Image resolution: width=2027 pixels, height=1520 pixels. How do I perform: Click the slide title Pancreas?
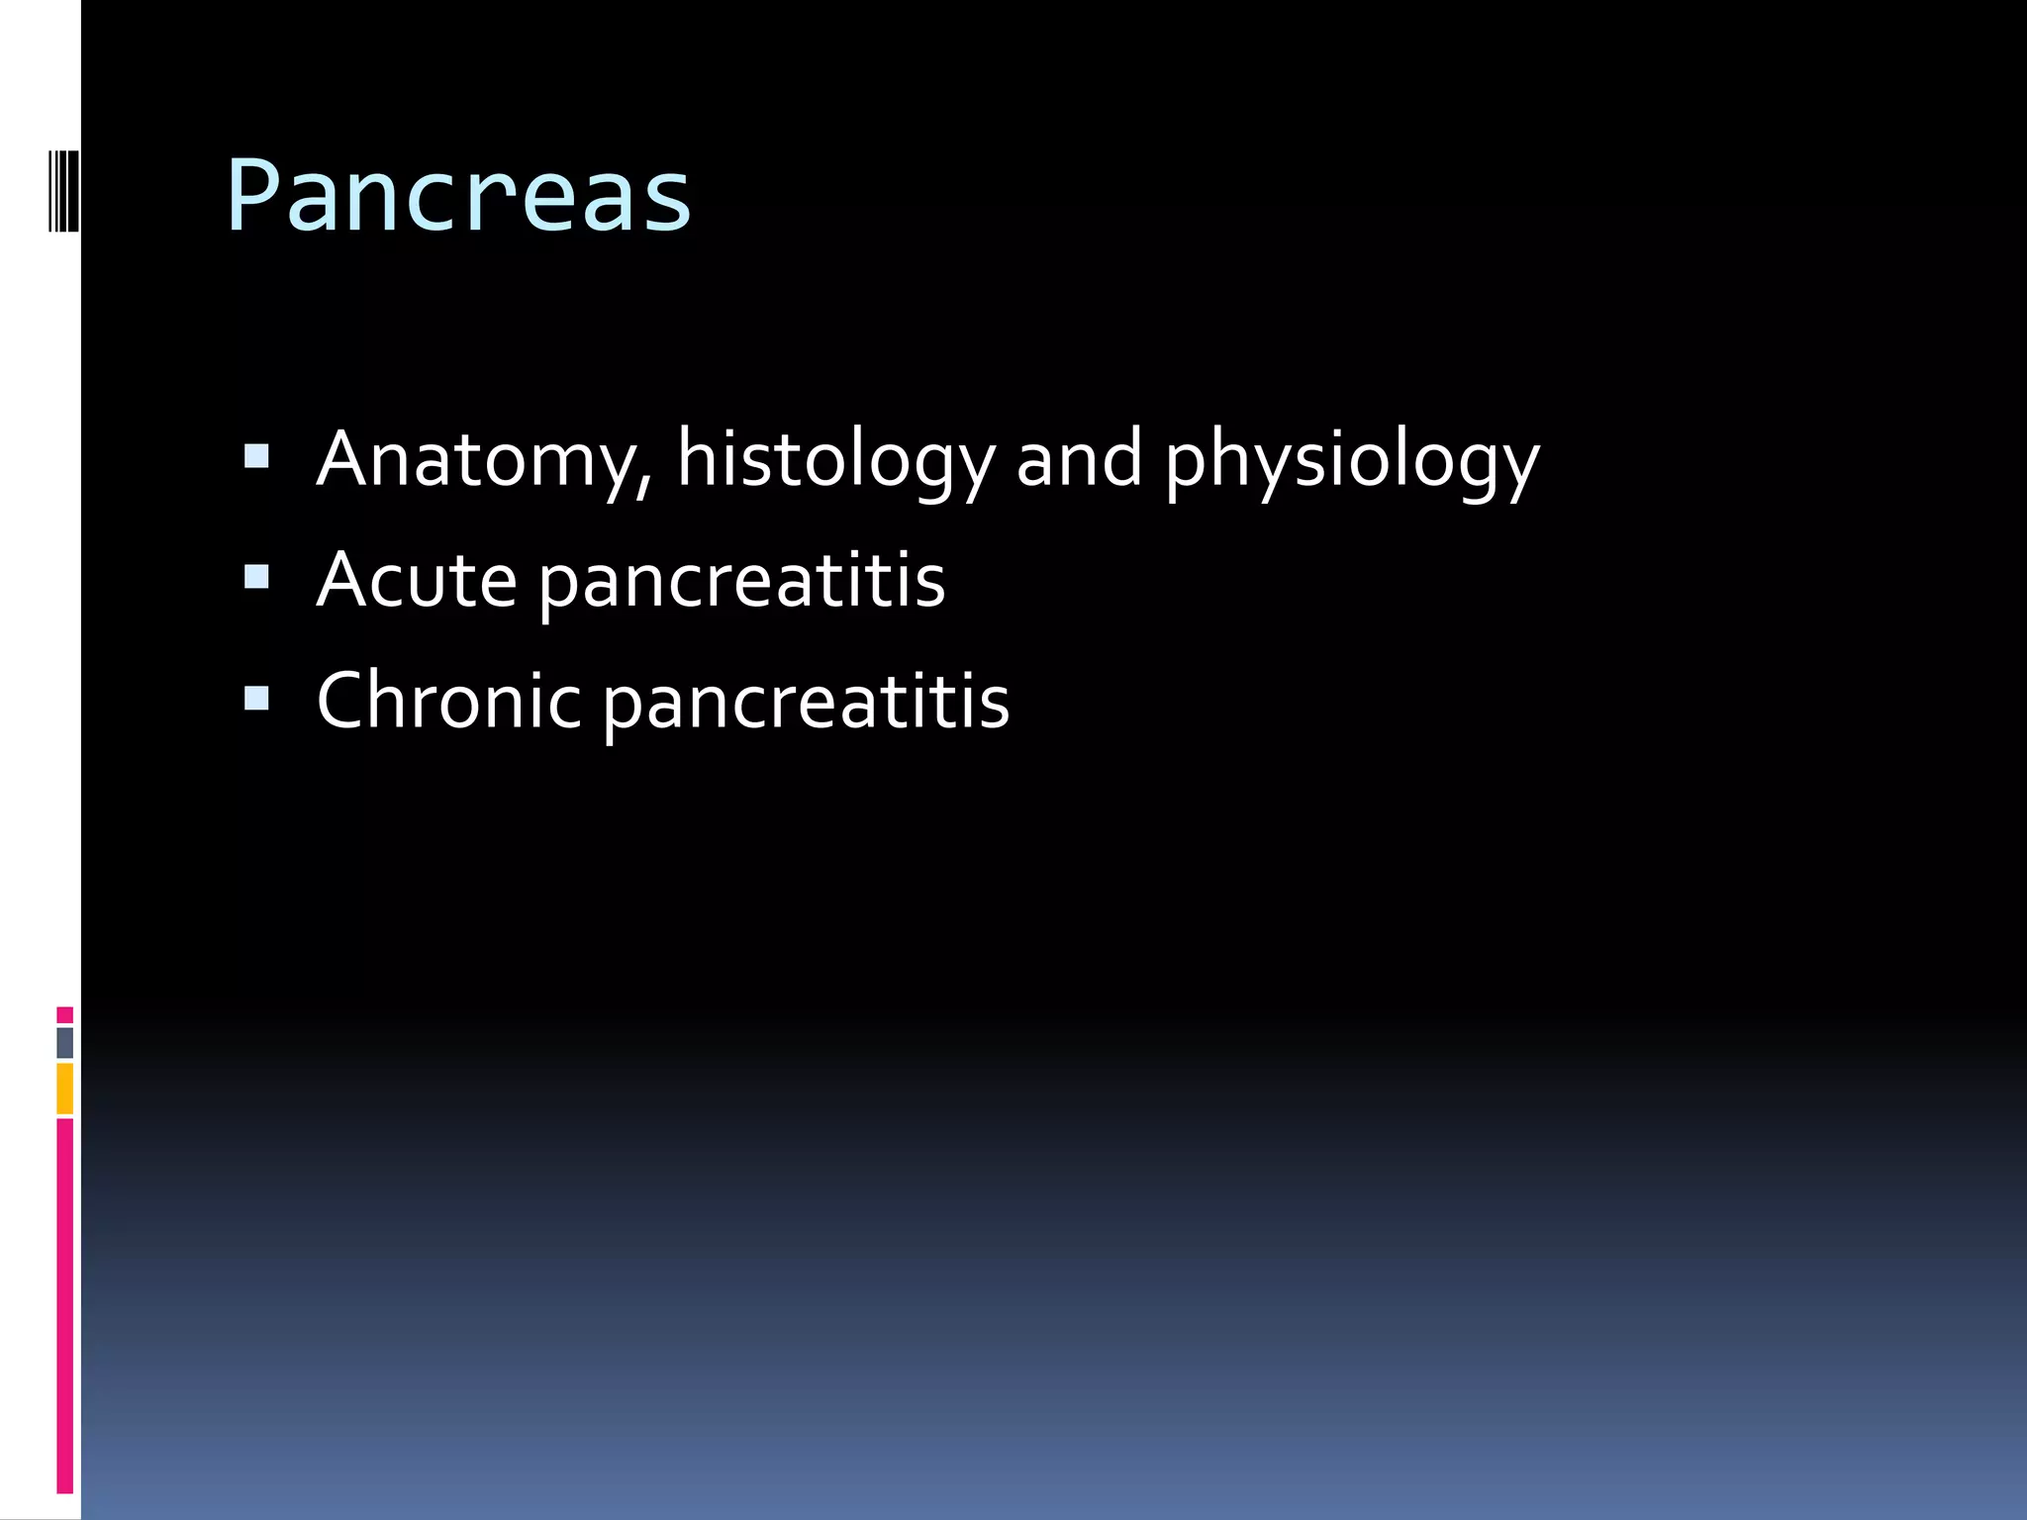458,196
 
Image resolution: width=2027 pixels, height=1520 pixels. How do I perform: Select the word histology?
835,459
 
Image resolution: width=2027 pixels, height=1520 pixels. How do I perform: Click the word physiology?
1352,461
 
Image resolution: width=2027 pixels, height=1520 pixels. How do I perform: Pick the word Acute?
417,580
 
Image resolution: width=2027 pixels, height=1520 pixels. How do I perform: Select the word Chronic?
448,701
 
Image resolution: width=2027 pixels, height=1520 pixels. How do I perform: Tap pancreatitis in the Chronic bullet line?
807,703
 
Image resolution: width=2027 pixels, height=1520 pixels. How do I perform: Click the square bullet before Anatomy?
256,456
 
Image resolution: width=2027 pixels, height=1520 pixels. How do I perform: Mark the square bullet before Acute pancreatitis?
256,577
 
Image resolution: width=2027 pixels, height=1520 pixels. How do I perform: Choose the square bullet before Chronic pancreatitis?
256,699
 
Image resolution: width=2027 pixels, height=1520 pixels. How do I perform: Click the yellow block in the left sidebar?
65,1089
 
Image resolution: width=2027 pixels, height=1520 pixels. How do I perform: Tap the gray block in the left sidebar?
65,1043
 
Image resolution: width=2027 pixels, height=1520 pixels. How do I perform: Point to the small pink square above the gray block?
65,1015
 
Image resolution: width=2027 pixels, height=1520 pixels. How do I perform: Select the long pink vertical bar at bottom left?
65,1306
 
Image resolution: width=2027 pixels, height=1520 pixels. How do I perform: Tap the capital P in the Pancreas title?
254,196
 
